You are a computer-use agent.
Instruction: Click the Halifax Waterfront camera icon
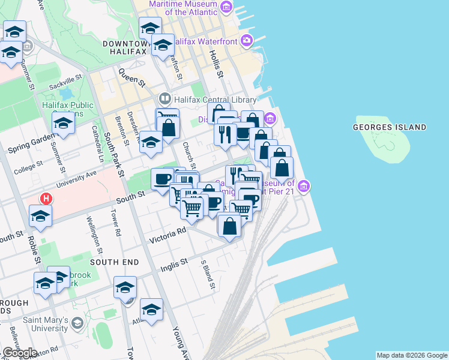246,40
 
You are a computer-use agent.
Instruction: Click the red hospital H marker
45,198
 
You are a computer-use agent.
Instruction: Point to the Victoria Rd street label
168,234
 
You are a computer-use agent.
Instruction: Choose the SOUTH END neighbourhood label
114,262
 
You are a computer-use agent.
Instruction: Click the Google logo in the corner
20,352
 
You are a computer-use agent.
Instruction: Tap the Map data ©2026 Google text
412,355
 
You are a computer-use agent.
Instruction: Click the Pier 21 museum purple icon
304,187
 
